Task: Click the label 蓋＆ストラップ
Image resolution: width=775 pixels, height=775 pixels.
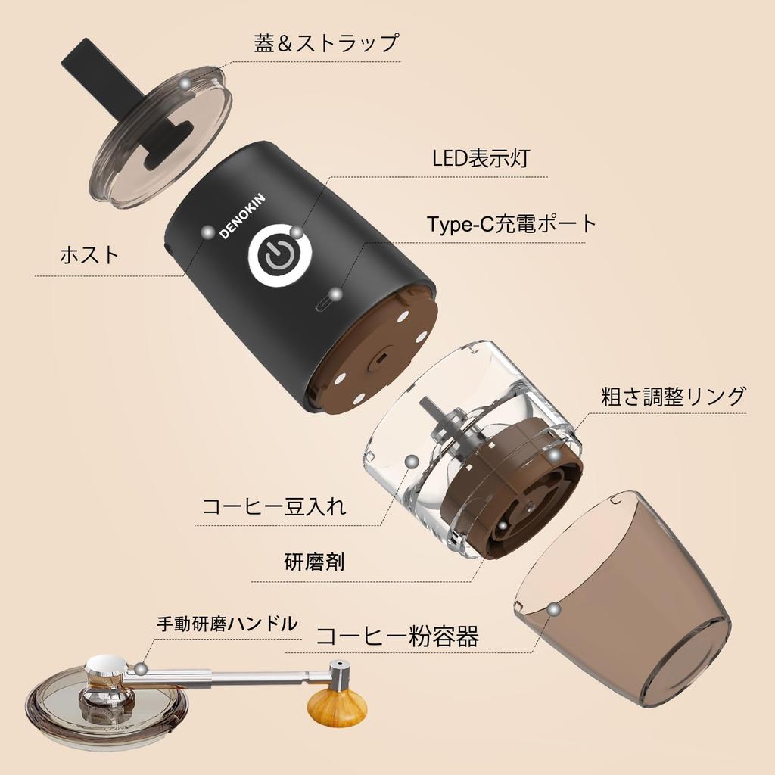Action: (326, 43)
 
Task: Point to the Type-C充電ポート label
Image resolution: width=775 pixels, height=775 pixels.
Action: (512, 224)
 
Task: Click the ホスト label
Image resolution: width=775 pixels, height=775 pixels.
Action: (89, 255)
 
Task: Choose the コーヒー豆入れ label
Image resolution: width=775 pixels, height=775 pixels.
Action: (274, 506)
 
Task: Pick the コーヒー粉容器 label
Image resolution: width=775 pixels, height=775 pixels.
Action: (397, 636)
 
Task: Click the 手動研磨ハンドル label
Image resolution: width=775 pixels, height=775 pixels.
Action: (227, 624)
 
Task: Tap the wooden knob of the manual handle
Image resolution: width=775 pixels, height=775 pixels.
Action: (337, 705)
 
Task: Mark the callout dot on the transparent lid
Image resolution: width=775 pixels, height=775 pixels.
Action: (185, 84)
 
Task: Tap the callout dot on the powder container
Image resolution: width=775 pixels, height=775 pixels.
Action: (555, 608)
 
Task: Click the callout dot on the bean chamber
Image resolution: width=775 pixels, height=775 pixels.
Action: (412, 461)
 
